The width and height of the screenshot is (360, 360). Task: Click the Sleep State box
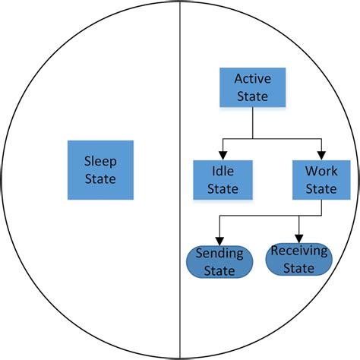(100, 169)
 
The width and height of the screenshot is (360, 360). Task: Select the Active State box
(252, 87)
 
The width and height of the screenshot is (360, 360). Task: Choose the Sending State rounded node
(219, 261)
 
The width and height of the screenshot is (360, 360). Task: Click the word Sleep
(100, 161)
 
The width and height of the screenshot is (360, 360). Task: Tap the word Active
(252, 78)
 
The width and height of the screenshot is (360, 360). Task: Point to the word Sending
(219, 252)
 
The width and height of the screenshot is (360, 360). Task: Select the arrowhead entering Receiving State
(300, 238)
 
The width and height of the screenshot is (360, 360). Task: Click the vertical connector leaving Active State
(252, 122)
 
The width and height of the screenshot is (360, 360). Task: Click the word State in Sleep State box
(100, 179)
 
